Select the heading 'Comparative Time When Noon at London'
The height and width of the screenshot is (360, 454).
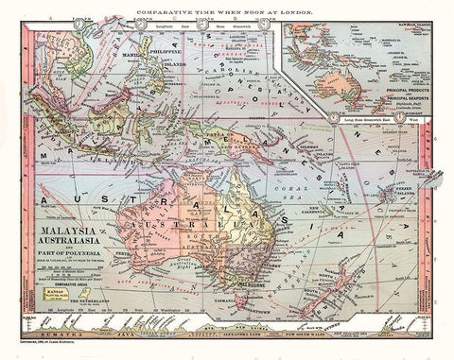[x=227, y=8]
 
